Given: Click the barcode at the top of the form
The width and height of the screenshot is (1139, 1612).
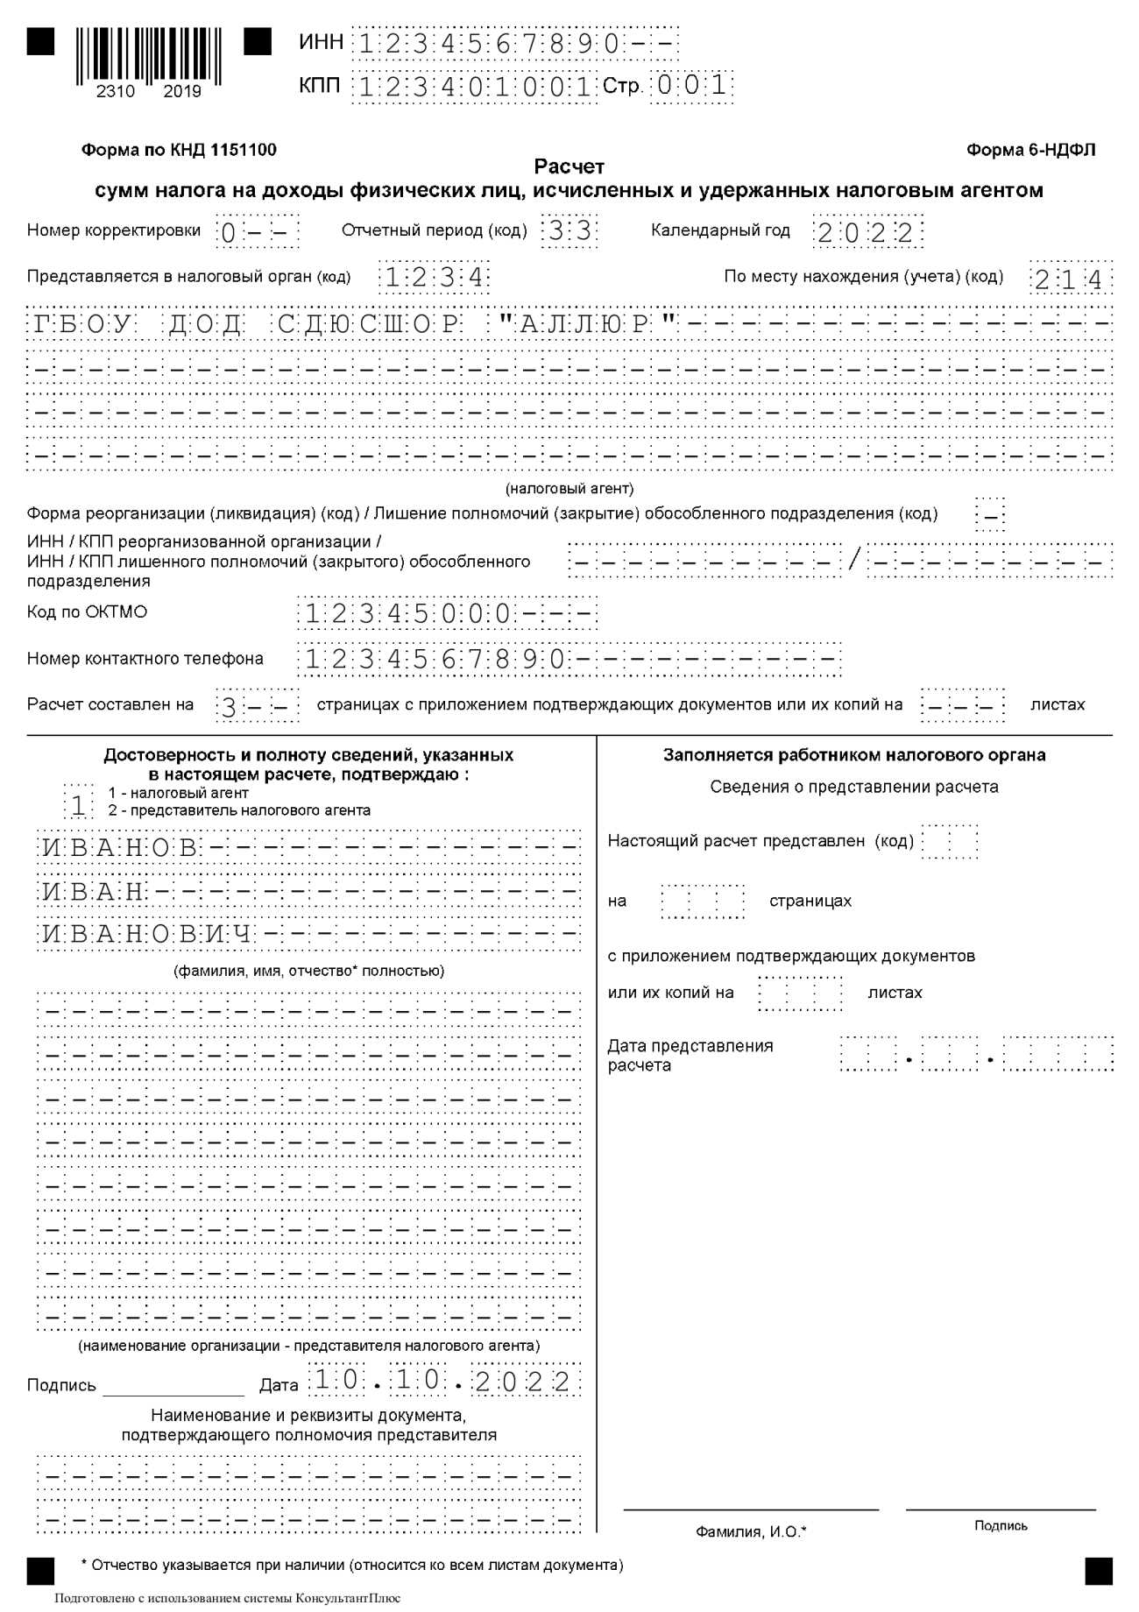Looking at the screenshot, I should pyautogui.click(x=148, y=57).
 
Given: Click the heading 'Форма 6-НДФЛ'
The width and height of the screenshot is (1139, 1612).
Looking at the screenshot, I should pyautogui.click(x=1030, y=150).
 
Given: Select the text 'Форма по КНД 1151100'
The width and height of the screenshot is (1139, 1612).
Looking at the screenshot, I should pyautogui.click(x=179, y=150).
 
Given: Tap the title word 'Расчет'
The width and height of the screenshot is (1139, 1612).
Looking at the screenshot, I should pyautogui.click(x=569, y=166).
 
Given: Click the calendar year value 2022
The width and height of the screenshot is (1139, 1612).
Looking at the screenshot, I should pyautogui.click(x=867, y=232).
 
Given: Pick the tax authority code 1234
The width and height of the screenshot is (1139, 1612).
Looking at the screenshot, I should pyautogui.click(x=435, y=279).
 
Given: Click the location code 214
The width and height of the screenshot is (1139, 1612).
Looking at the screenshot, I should pyautogui.click(x=1069, y=279).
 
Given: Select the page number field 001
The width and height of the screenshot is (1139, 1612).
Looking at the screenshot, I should pyautogui.click(x=691, y=87).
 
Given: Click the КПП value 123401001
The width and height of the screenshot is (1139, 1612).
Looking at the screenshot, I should pyautogui.click(x=474, y=87).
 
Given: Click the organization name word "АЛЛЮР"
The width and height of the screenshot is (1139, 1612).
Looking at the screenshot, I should pyautogui.click(x=587, y=324).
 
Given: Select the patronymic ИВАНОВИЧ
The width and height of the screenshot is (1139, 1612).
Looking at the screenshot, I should pyautogui.click(x=147, y=934).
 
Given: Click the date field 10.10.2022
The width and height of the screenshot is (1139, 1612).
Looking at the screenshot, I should pyautogui.click(x=442, y=1382).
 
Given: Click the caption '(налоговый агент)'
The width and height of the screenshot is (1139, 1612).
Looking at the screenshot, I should pyautogui.click(x=569, y=488).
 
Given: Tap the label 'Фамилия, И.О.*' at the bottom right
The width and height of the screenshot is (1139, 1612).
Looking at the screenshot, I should pyautogui.click(x=751, y=1531).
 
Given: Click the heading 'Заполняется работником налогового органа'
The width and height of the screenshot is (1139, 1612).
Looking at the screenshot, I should pyautogui.click(x=854, y=755).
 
